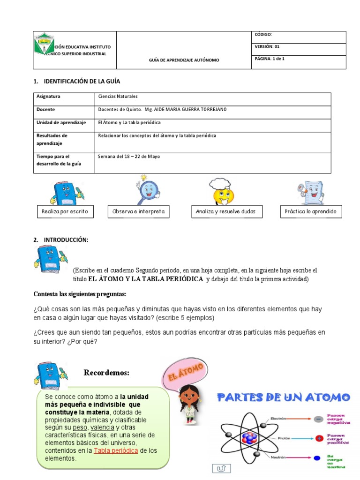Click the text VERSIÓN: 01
point(267,47)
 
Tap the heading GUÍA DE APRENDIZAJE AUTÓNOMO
point(184,60)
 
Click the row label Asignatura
point(48,97)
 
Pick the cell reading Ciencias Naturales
point(118,97)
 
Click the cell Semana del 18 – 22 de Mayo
point(128,156)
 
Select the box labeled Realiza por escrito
point(65,212)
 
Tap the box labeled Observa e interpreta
point(139,212)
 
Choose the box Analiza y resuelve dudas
point(226,212)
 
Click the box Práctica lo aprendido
point(311,212)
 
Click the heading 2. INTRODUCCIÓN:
point(61,240)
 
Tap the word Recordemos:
point(106,373)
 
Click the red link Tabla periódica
point(116,451)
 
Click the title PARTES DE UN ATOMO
point(283,398)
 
